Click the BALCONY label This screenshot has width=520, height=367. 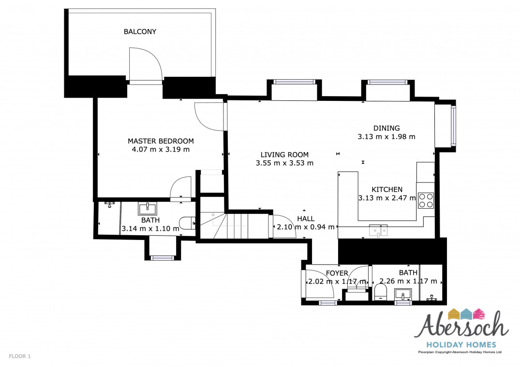(x=140, y=31)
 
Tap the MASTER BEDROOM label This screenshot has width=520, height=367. (x=161, y=141)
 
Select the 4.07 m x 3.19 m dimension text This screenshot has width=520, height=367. (x=161, y=149)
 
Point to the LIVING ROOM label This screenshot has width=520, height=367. (x=284, y=155)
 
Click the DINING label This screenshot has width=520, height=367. (x=386, y=128)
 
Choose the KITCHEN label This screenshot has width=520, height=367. (x=387, y=190)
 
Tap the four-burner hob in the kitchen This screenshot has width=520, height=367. (x=426, y=200)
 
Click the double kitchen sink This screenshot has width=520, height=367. (x=378, y=230)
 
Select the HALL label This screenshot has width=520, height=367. (x=306, y=219)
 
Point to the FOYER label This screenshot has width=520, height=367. (x=337, y=273)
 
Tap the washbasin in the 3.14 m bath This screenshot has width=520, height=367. (x=148, y=209)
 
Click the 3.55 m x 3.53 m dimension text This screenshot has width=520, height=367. (x=284, y=163)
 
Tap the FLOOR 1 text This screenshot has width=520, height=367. (x=19, y=356)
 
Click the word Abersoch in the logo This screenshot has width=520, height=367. (x=461, y=325)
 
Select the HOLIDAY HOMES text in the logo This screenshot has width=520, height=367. (x=461, y=345)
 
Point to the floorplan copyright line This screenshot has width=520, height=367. (x=460, y=352)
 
